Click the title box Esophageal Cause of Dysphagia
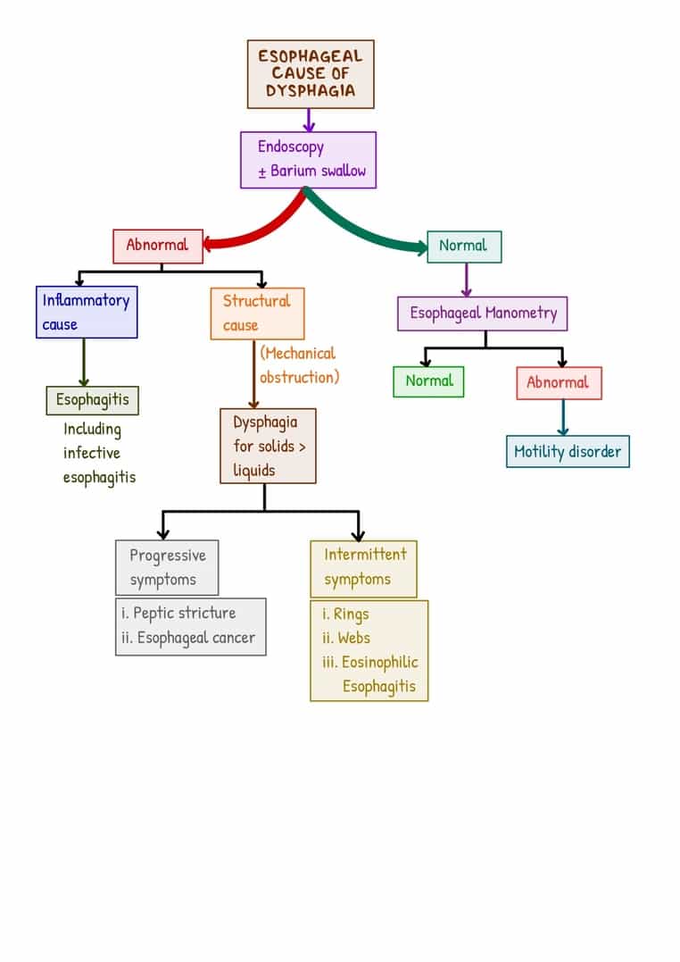311,74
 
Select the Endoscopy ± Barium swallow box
308,160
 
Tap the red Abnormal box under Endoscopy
157,246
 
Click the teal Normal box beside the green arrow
463,247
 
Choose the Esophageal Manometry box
482,314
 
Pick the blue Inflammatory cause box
86,313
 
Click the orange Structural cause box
257,314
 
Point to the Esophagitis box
93,400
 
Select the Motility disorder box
567,451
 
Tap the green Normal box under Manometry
428,381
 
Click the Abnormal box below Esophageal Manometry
558,383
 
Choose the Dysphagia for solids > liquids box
268,446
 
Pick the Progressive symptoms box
167,567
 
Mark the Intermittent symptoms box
363,567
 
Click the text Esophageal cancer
196,638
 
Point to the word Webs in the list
354,638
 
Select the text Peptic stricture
184,614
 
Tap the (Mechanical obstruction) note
299,365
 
